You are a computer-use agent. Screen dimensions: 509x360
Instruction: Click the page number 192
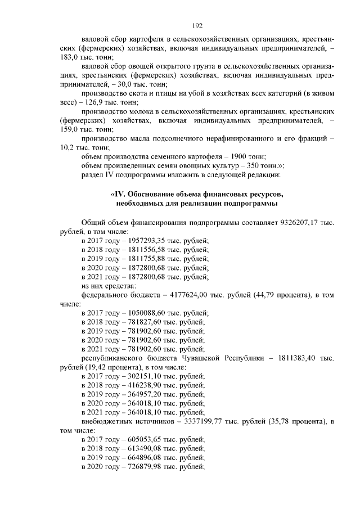[197, 26]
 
